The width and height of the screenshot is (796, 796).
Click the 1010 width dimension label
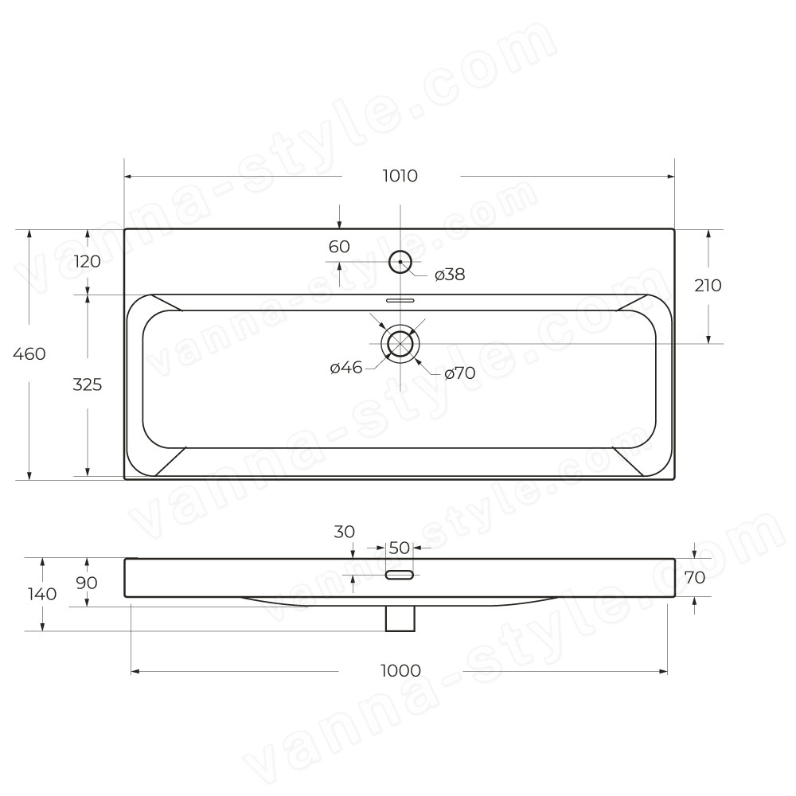(400, 176)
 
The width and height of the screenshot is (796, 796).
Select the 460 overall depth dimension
(29, 354)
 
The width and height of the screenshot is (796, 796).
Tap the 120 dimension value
(88, 262)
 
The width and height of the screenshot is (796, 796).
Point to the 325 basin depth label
(88, 384)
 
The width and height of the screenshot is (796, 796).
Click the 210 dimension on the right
(708, 286)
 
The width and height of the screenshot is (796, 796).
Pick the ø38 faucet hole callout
(450, 275)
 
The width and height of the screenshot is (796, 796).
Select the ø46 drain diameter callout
(346, 368)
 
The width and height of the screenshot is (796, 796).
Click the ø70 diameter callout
(460, 373)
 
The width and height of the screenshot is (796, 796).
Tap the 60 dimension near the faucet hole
(339, 247)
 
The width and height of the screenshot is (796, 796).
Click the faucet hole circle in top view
(400, 252)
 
